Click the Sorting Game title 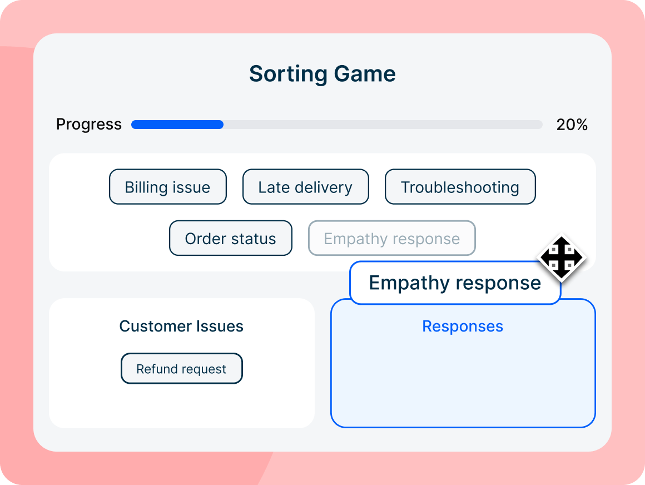tap(322, 74)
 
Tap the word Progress tap(89, 125)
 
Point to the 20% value tap(572, 125)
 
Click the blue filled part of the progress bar tap(177, 125)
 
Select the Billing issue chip tap(167, 187)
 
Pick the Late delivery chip tap(305, 187)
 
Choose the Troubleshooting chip tap(460, 187)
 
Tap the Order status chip tap(230, 238)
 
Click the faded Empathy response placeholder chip tap(391, 238)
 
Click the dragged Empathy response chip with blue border tap(454, 283)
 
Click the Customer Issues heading tap(181, 326)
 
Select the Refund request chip tap(181, 369)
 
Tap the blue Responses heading tap(463, 326)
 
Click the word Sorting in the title tap(288, 74)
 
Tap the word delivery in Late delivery tap(325, 187)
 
